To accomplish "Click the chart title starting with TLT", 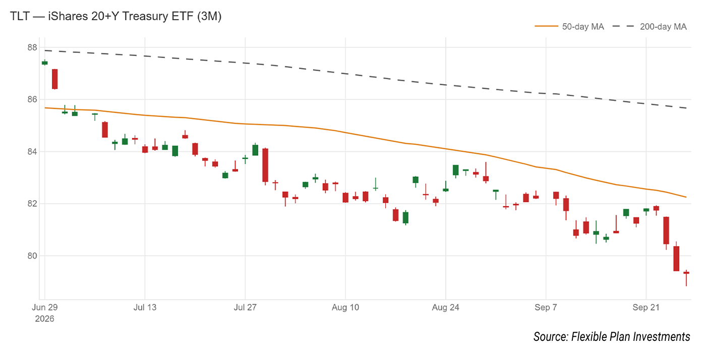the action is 115,16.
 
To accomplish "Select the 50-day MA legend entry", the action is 569,27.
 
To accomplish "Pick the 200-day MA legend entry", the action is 650,27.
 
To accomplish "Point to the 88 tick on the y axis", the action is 32,47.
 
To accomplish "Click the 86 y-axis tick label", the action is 32,100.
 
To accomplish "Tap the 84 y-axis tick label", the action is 32,152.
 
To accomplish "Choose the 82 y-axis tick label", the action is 32,204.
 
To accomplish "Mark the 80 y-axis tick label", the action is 32,256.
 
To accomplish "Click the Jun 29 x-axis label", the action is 45,308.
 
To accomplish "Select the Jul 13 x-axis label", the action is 145,308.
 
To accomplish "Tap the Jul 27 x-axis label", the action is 245,308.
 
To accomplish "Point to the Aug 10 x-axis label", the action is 345,308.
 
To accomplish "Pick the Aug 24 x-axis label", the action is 446,308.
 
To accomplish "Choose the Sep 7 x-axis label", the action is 546,308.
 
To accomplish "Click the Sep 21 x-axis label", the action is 646,308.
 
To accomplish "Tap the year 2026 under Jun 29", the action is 44,319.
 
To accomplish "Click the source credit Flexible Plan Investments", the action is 612,337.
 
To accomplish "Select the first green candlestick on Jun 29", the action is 45,63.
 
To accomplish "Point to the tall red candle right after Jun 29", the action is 55,79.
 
